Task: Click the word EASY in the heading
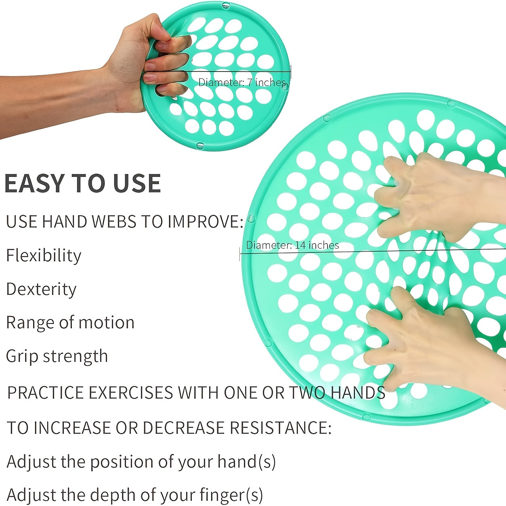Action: point(35,183)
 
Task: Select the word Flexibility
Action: point(44,256)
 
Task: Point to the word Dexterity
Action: point(41,290)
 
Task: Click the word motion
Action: point(107,322)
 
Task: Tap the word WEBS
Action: point(114,221)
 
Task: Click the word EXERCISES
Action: point(131,393)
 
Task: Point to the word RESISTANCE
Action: point(278,428)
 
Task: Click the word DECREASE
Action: point(183,428)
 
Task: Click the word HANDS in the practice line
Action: point(357,393)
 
